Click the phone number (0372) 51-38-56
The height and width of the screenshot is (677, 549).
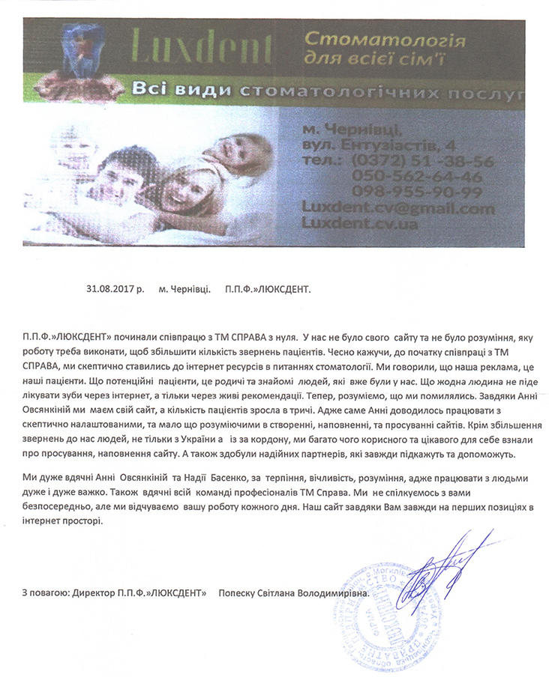[421, 161]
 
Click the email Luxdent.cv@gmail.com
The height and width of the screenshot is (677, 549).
[397, 208]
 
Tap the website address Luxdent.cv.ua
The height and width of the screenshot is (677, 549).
[359, 223]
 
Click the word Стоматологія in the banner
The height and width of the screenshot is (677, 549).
[386, 40]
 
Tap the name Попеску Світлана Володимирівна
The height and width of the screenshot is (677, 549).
[293, 593]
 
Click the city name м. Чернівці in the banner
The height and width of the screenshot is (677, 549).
[348, 128]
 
